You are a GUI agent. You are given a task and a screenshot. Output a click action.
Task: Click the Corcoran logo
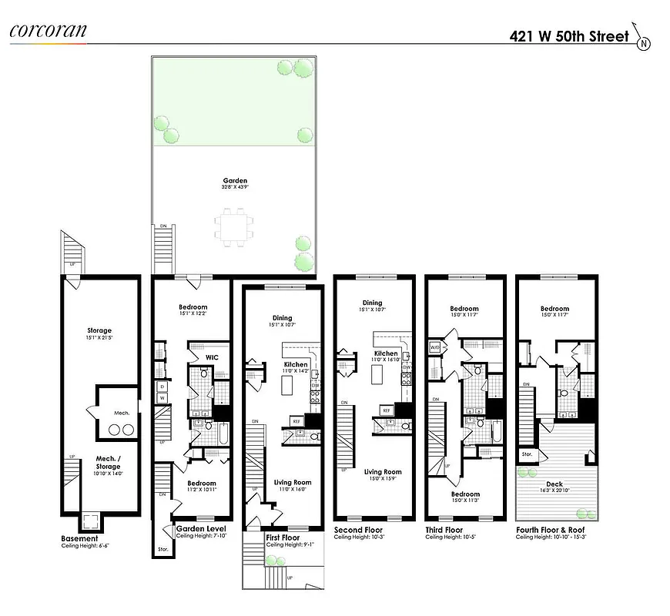click(x=48, y=32)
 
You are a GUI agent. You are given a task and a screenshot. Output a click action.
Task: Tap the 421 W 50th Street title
click(x=568, y=35)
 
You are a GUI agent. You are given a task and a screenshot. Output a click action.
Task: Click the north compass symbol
click(x=643, y=42)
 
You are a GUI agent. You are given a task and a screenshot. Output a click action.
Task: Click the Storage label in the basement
click(x=99, y=330)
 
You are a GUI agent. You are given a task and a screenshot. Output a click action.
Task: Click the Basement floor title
click(x=79, y=538)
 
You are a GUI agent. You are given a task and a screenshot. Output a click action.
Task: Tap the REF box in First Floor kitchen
click(x=296, y=421)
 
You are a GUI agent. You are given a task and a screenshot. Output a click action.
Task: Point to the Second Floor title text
click(x=357, y=530)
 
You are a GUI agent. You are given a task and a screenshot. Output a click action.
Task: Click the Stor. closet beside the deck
click(x=527, y=455)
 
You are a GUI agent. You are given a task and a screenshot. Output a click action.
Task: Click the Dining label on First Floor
click(x=280, y=317)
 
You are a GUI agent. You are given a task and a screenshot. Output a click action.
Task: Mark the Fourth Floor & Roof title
click(x=552, y=530)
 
